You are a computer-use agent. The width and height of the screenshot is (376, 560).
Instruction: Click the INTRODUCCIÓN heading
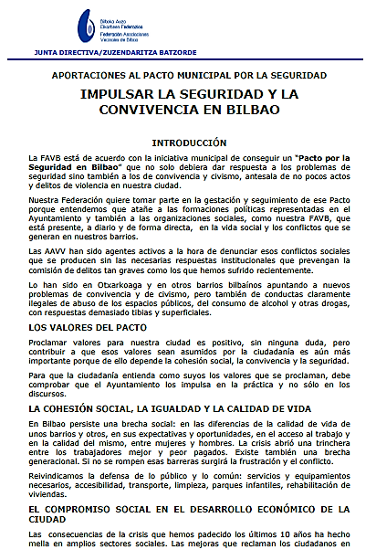pyautogui.click(x=188, y=143)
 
